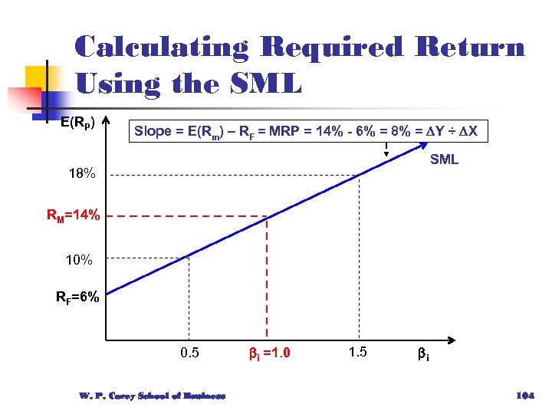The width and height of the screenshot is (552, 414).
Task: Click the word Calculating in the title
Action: pyautogui.click(x=161, y=48)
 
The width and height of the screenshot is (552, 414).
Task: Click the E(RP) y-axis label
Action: pyautogui.click(x=78, y=122)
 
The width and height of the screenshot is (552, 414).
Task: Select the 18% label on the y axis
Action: pyautogui.click(x=82, y=174)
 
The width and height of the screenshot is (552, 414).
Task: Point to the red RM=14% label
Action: pyautogui.click(x=74, y=216)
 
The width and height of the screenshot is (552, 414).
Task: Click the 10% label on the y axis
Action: pyautogui.click(x=79, y=261)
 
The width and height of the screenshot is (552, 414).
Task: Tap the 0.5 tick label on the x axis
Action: pyautogui.click(x=189, y=353)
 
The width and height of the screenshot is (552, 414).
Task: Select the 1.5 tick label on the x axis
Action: pyautogui.click(x=358, y=353)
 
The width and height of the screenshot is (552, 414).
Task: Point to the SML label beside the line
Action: pyautogui.click(x=444, y=159)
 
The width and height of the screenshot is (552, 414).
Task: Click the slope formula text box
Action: pyautogui.click(x=306, y=132)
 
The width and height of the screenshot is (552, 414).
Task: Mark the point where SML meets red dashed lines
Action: pyautogui.click(x=266, y=217)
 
